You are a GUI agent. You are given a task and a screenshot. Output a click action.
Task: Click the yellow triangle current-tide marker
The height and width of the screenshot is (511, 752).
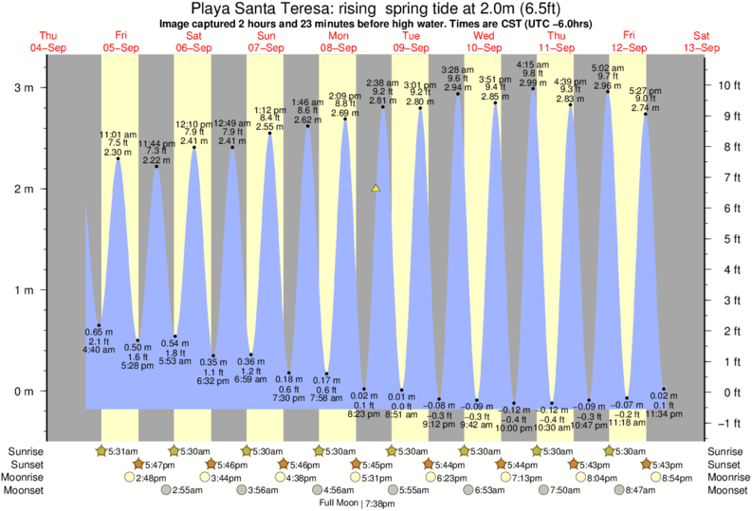tap(376, 189)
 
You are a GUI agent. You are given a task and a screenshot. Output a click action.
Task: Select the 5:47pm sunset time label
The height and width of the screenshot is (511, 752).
tap(156, 464)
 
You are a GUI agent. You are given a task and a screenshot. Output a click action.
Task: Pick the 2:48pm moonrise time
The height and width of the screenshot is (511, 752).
tap(156, 477)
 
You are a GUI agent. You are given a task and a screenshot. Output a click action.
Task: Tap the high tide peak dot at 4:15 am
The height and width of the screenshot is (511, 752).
tap(533, 88)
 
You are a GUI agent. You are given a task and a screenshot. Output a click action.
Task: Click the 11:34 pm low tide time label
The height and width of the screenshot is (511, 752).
tap(664, 413)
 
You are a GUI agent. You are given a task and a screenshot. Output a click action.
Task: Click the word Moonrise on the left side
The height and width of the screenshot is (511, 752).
tap(26, 477)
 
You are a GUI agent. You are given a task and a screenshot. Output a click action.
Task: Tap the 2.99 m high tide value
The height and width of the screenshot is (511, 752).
tap(533, 82)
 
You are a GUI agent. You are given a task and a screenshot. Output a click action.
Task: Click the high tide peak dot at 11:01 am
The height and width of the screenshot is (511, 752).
tap(118, 158)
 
